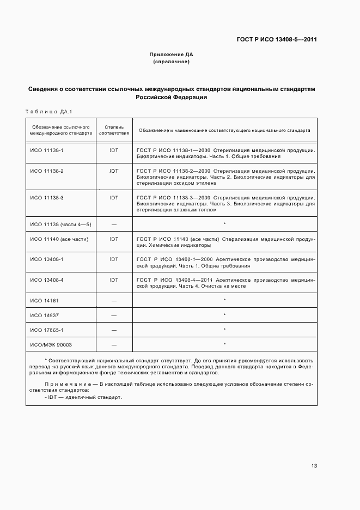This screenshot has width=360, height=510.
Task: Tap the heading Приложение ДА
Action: tap(171, 54)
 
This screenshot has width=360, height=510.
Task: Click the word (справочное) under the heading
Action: tap(171, 62)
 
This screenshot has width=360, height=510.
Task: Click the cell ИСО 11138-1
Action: tap(47, 149)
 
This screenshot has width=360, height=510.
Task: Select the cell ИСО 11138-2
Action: tap(47, 171)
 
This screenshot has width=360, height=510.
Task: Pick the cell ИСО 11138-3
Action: tap(47, 197)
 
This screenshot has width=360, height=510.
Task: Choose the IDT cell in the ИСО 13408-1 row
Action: tap(114, 259)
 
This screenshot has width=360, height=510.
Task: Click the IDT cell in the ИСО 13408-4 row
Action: tap(114, 280)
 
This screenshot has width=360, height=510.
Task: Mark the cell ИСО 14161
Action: tap(43, 300)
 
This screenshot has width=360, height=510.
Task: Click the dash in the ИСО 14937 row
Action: tap(114, 315)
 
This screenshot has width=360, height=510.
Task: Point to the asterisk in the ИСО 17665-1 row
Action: tap(224, 330)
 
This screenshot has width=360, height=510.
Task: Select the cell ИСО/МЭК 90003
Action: tap(51, 344)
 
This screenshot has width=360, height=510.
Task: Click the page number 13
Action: tap(314, 465)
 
